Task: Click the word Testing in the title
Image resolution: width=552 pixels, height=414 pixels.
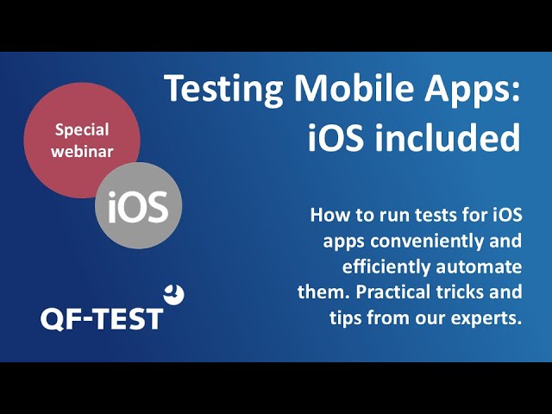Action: pyautogui.click(x=223, y=89)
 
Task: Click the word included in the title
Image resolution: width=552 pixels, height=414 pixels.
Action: pyautogui.click(x=447, y=136)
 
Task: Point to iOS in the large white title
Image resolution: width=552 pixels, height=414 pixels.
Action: pyautogui.click(x=336, y=137)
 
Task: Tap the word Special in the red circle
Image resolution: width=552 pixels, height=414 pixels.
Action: pyautogui.click(x=82, y=130)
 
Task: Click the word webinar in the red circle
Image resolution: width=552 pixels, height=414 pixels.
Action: pyautogui.click(x=82, y=152)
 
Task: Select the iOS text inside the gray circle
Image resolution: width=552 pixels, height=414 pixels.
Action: pyautogui.click(x=138, y=207)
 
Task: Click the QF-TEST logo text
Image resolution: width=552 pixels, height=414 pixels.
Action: pyautogui.click(x=102, y=319)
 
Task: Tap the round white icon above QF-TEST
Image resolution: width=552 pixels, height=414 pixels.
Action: pyautogui.click(x=174, y=294)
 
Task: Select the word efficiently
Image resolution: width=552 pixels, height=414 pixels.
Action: pyautogui.click(x=386, y=267)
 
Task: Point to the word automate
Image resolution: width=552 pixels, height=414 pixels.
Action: pyautogui.click(x=479, y=267)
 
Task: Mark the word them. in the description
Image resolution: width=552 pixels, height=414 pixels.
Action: pyautogui.click(x=324, y=292)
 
